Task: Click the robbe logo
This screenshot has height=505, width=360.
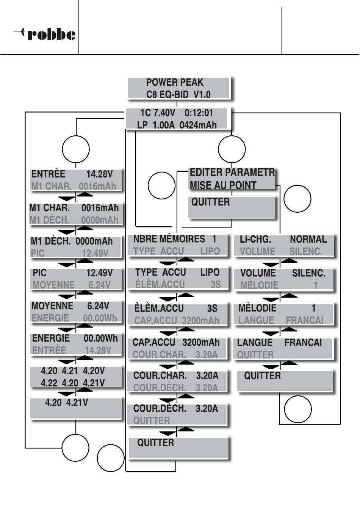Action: (x=45, y=35)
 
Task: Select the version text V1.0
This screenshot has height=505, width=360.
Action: (x=202, y=94)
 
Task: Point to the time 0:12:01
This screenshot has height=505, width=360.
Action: (x=199, y=113)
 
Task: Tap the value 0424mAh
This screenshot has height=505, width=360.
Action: (x=198, y=125)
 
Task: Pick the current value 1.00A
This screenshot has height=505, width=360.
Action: (x=163, y=125)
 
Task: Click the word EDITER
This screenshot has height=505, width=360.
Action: (x=206, y=173)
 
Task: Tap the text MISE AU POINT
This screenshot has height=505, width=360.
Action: (x=223, y=185)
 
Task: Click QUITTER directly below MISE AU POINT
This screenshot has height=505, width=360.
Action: (x=210, y=202)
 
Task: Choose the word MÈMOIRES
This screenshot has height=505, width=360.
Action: (x=182, y=239)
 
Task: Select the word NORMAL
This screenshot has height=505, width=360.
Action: (x=308, y=240)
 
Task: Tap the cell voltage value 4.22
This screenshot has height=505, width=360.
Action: (x=49, y=383)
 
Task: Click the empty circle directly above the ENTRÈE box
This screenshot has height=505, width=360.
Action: (x=76, y=149)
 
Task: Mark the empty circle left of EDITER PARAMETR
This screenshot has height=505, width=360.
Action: (x=161, y=186)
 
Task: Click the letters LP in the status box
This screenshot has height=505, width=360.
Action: (x=142, y=125)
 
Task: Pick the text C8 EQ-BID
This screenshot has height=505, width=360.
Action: (x=167, y=94)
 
